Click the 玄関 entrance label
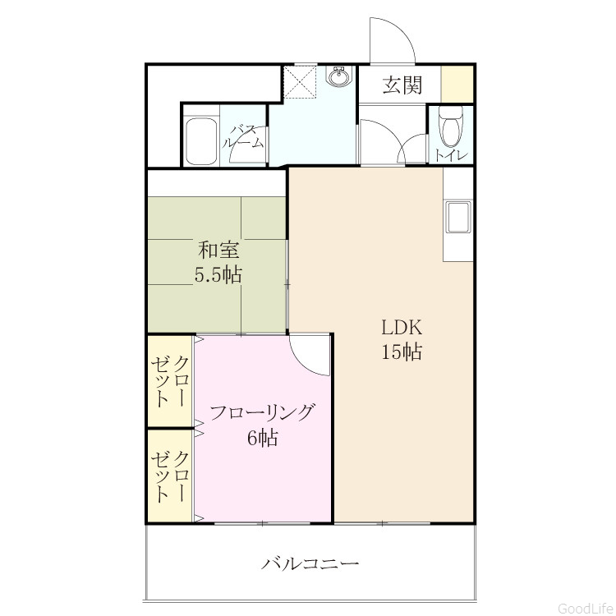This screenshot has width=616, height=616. (402, 85)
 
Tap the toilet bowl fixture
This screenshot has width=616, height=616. (451, 126)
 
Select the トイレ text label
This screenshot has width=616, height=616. (452, 155)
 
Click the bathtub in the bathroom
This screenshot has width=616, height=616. (201, 141)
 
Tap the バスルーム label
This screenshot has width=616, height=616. (244, 136)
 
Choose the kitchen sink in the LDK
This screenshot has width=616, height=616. (458, 217)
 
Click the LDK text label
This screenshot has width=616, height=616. (402, 328)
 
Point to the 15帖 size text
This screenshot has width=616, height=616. (402, 352)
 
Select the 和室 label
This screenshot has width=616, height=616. (218, 250)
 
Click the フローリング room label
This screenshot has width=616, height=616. (263, 412)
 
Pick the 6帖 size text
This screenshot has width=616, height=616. (263, 437)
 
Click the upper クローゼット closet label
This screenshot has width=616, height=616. (170, 381)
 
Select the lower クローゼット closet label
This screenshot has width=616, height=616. (170, 476)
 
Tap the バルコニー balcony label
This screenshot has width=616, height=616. (310, 564)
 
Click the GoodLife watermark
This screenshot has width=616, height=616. (586, 608)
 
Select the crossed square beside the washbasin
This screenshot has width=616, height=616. (300, 81)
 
